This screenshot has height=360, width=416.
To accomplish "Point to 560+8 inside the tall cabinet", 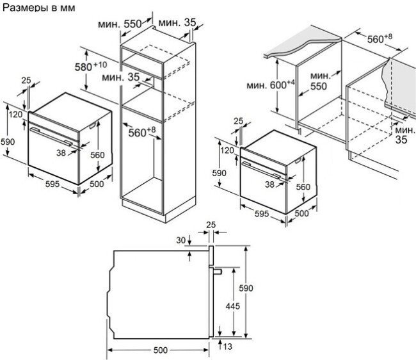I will (142, 132).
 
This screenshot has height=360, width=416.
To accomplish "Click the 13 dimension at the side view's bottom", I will (228, 347).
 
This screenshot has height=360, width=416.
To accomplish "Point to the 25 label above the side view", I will (211, 225).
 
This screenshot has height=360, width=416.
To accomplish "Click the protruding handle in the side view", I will (218, 272).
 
